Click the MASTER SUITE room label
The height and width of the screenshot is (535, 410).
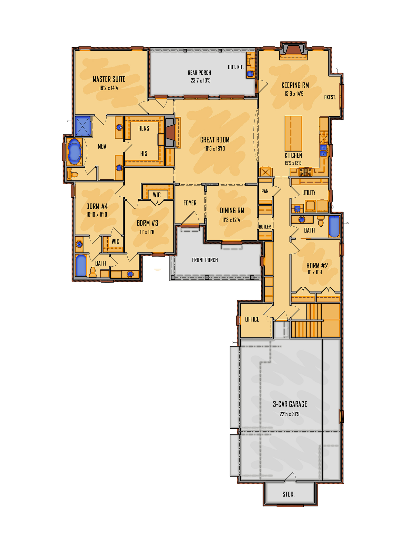coord(109,79)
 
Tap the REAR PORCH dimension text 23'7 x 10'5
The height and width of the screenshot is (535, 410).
coord(200,80)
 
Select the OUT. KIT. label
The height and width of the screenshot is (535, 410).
coord(235,67)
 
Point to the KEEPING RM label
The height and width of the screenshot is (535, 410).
coord(295,85)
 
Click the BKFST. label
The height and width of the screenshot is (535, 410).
coord(330,97)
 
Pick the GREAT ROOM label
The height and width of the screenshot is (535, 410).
coord(215,140)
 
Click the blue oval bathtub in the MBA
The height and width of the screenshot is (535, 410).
coord(74,152)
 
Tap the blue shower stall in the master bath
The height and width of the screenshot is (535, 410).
coord(83,126)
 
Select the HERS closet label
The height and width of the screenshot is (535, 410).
coord(143,128)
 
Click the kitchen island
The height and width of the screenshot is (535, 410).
coord(293,134)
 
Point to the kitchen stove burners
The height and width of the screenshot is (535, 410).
coord(305,172)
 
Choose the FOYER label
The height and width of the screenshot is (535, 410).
coord(190,203)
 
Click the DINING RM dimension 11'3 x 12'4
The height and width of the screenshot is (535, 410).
coord(231,220)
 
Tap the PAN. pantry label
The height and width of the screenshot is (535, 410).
coord(265,191)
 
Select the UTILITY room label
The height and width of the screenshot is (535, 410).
coord(309,193)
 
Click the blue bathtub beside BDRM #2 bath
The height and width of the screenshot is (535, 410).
coord(334,227)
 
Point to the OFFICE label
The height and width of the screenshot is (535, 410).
coord(252,319)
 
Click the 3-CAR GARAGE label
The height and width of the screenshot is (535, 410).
coord(290,404)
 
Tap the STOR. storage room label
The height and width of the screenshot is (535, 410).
coord(289,494)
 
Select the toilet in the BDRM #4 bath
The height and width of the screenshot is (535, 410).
coord(93,272)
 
